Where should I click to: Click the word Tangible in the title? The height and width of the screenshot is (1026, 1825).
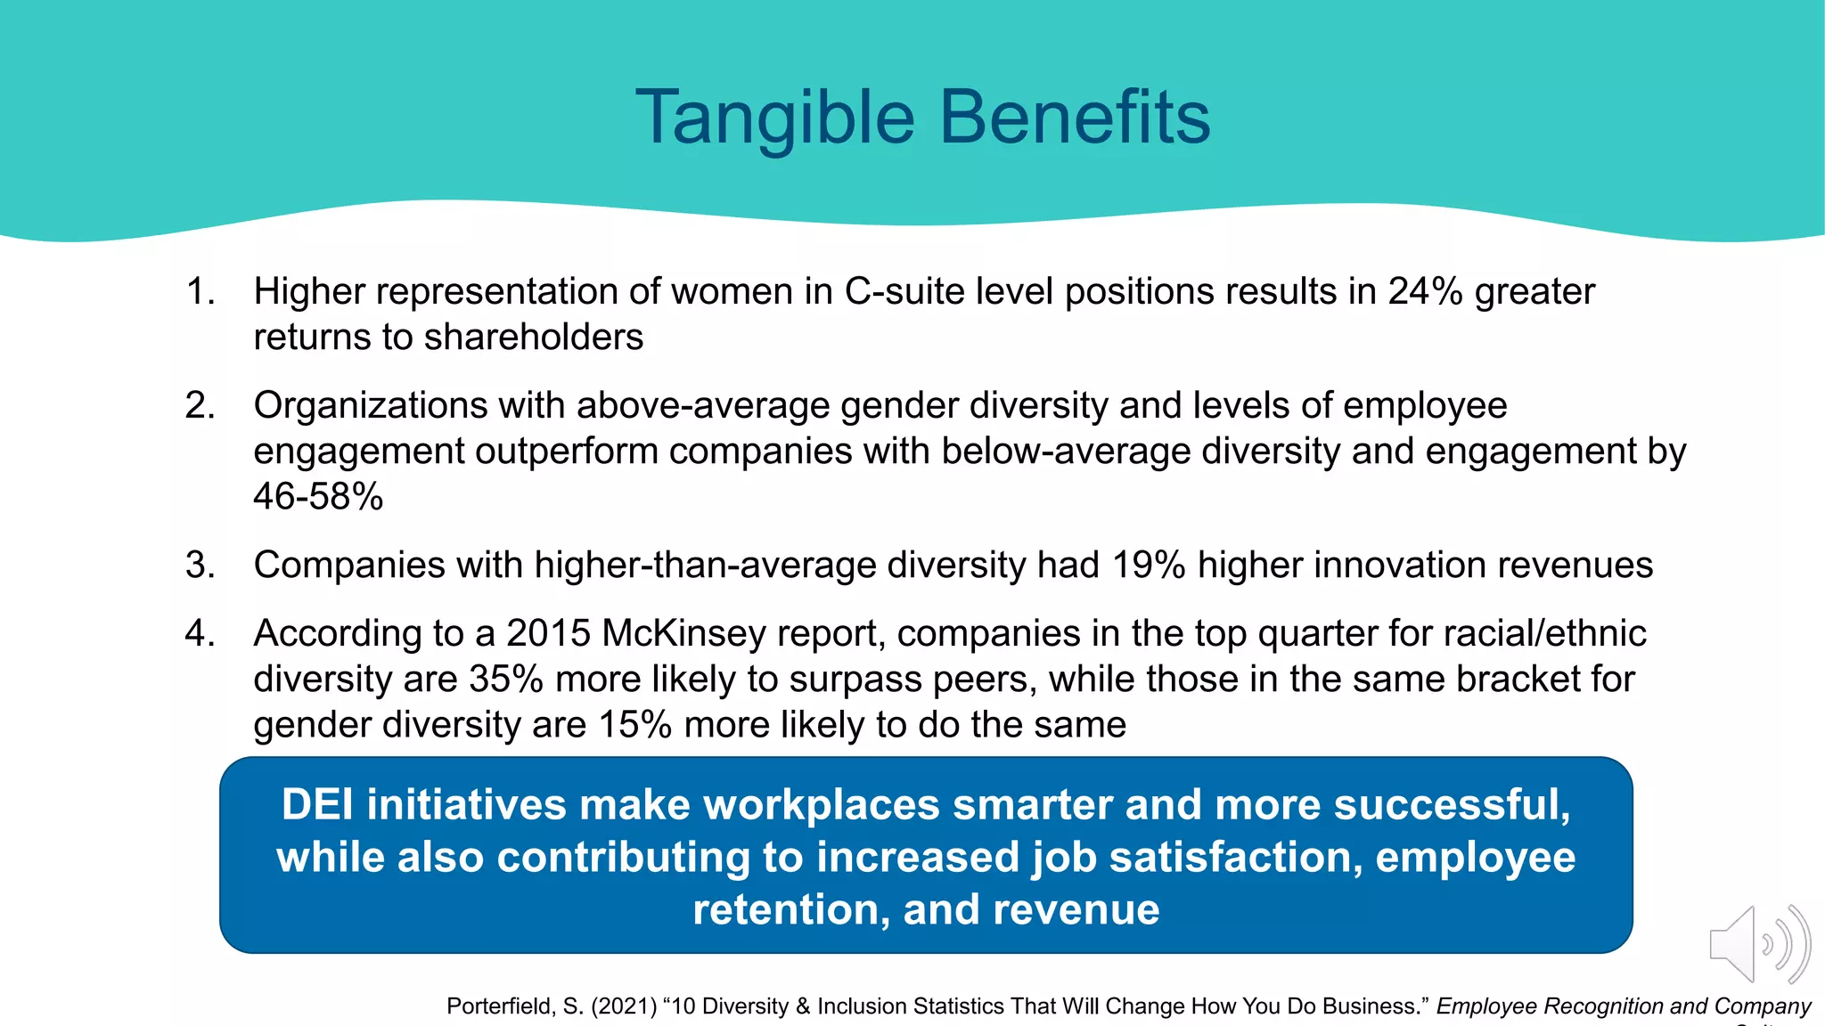pyautogui.click(x=774, y=118)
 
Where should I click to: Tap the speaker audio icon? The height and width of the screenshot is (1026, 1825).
pyautogui.click(x=1759, y=944)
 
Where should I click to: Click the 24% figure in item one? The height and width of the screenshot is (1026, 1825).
pyautogui.click(x=1425, y=291)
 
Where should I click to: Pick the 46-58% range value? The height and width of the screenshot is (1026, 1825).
pyautogui.click(x=318, y=496)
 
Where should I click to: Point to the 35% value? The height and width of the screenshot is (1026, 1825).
pyautogui.click(x=505, y=679)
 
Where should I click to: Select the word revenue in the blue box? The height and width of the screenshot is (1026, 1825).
pyautogui.click(x=1076, y=909)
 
